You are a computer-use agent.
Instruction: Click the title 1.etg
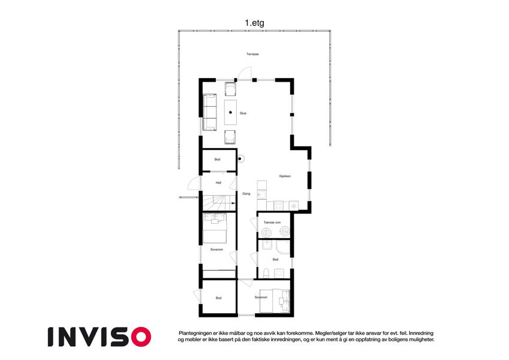click(x=254, y=23)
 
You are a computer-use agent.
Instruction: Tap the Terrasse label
click(x=252, y=54)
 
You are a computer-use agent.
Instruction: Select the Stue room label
click(x=243, y=113)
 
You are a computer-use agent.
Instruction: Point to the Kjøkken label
click(x=285, y=176)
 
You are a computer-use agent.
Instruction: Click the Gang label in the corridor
click(x=246, y=194)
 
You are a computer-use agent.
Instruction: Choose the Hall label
click(x=218, y=183)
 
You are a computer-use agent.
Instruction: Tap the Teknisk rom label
click(x=272, y=223)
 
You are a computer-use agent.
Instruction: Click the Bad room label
click(x=275, y=259)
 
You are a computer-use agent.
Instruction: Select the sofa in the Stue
click(x=210, y=112)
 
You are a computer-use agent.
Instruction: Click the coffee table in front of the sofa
click(x=230, y=112)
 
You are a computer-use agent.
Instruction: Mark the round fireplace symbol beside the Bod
click(x=240, y=159)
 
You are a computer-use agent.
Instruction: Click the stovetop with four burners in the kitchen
click(x=279, y=206)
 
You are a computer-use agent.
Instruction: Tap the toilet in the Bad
click(x=266, y=273)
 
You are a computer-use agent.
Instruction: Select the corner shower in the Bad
click(x=283, y=247)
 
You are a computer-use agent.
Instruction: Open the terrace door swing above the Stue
click(x=245, y=73)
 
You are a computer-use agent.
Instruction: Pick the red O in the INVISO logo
click(x=141, y=337)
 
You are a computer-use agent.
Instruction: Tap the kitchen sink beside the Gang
click(x=261, y=195)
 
